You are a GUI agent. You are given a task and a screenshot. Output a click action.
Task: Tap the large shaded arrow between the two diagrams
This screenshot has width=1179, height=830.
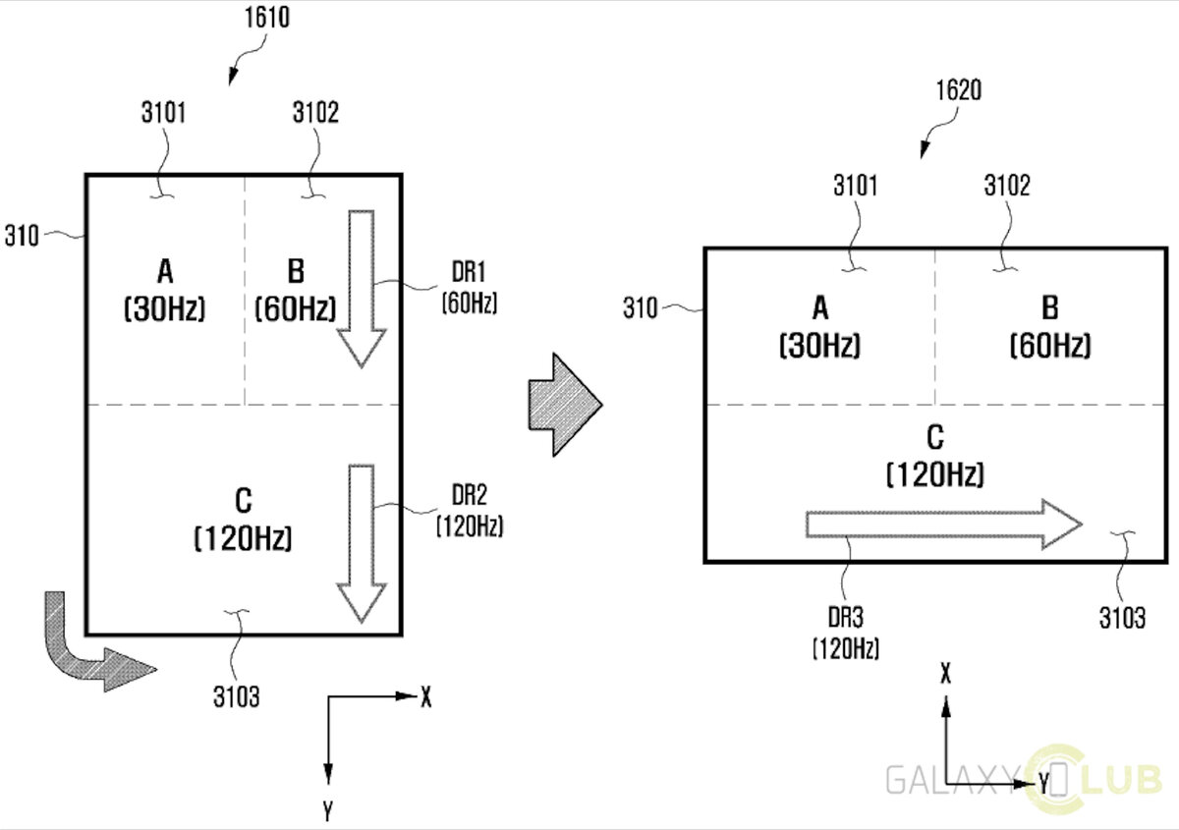[x=564, y=403]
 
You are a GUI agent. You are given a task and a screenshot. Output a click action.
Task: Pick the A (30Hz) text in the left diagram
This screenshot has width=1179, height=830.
[x=164, y=290]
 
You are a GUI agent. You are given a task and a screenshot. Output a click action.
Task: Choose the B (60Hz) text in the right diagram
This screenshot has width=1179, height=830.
[x=1049, y=327]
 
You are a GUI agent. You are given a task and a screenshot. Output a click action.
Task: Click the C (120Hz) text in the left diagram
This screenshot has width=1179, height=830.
[x=243, y=520]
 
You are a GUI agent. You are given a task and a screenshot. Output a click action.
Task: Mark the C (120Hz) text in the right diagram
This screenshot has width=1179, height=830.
[x=935, y=457]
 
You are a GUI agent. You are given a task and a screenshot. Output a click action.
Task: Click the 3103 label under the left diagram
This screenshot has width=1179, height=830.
[x=236, y=697]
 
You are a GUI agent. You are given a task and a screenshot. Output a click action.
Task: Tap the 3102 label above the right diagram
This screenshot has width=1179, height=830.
[x=1007, y=186]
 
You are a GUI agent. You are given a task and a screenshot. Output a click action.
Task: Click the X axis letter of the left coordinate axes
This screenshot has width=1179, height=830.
[x=425, y=697]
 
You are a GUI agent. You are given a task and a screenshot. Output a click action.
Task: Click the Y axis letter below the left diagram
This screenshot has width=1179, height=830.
[x=326, y=810]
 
